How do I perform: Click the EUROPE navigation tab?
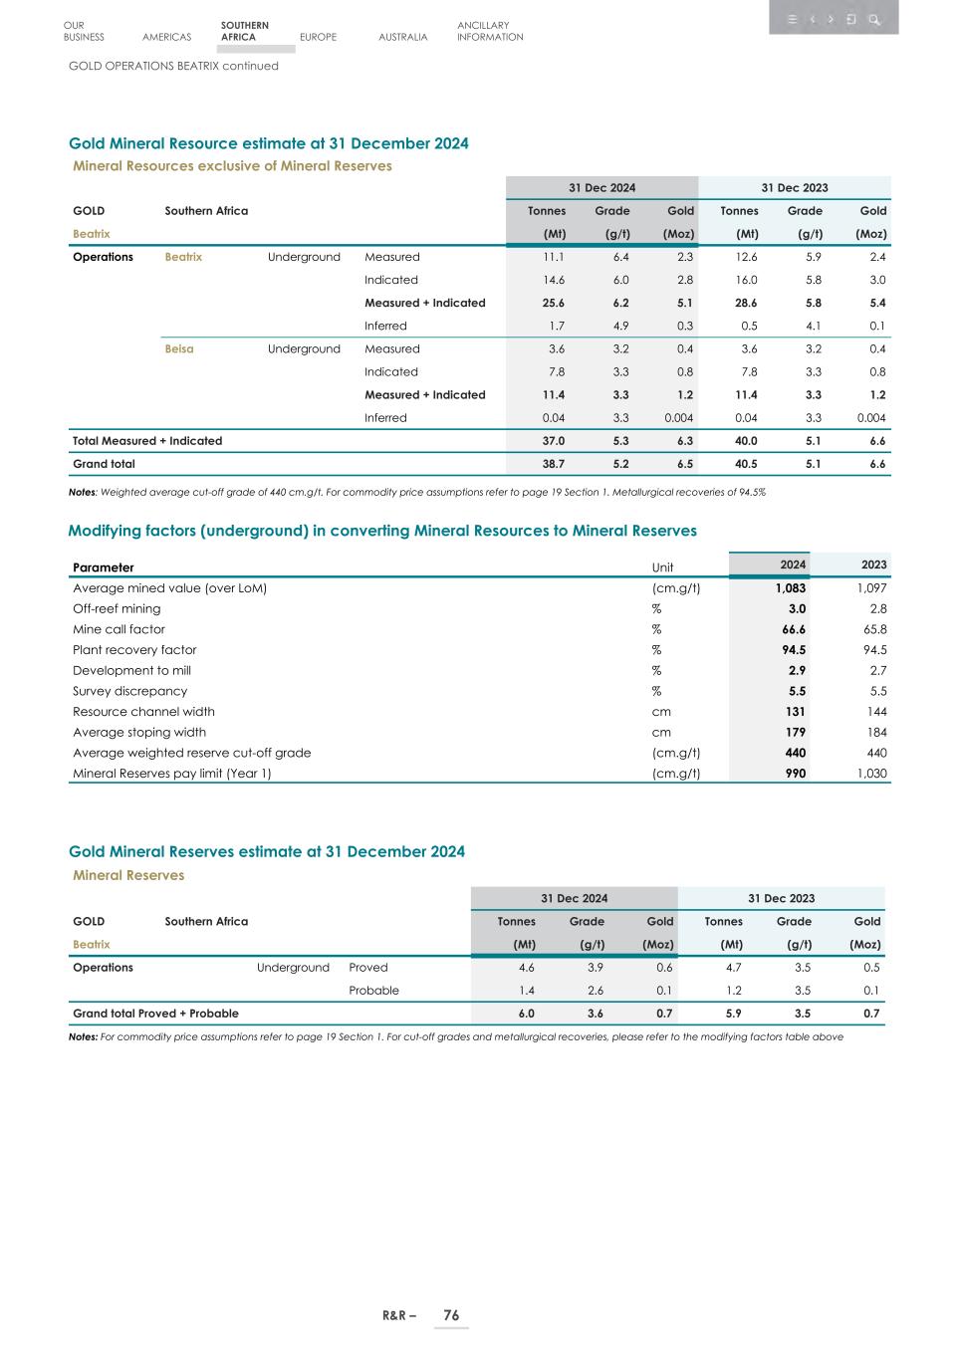click(318, 37)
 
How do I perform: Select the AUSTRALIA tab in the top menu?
click(402, 37)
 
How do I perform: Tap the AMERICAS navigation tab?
click(166, 37)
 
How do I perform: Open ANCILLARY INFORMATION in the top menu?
click(489, 31)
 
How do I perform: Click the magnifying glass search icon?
click(874, 19)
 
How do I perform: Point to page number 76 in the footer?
click(451, 1315)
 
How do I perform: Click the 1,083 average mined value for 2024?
click(791, 588)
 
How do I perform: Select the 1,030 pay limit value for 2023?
click(871, 774)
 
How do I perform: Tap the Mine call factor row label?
click(119, 629)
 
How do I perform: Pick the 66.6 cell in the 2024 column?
click(794, 629)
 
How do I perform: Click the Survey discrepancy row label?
click(129, 691)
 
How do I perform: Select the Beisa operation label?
click(179, 348)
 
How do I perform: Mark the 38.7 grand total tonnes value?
click(553, 464)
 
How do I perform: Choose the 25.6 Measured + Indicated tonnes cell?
click(553, 303)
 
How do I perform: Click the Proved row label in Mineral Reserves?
click(367, 968)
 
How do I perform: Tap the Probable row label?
click(373, 991)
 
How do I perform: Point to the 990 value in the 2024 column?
click(795, 774)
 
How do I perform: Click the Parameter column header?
click(103, 567)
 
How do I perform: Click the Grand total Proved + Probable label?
click(155, 1014)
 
